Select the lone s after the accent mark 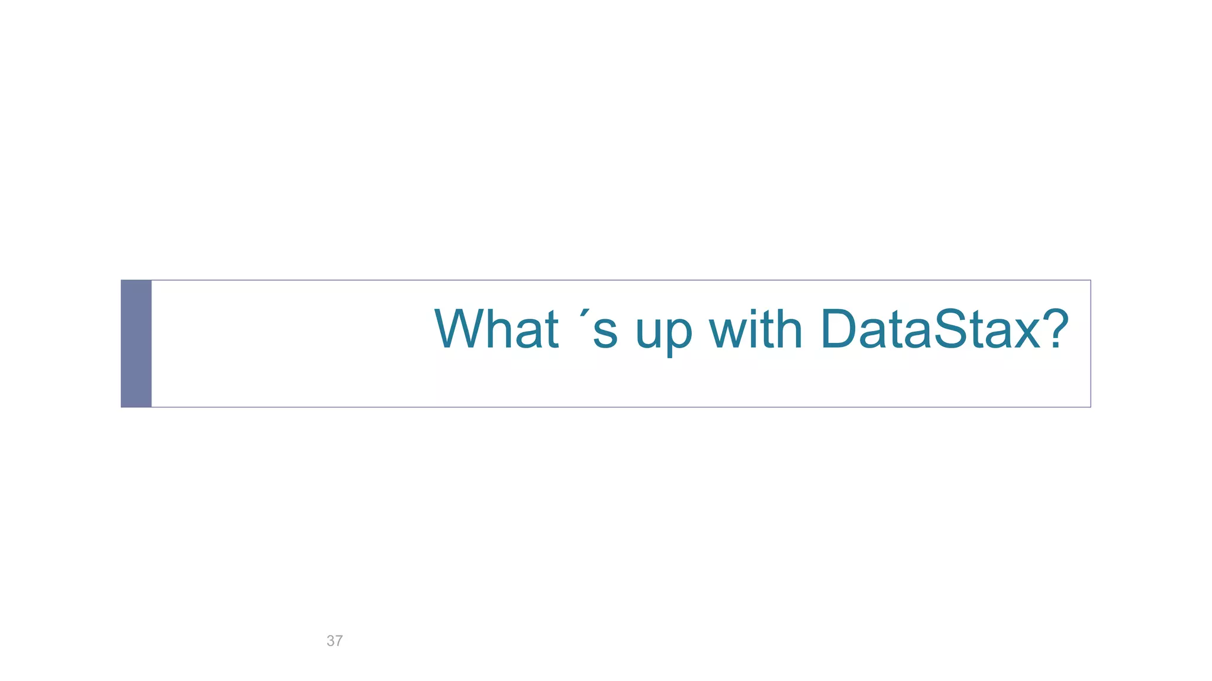point(605,335)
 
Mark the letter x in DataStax point(1025,335)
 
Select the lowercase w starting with point(729,335)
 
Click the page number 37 point(334,641)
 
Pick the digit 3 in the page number point(330,641)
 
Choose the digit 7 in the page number point(339,641)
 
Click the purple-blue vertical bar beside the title point(136,343)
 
